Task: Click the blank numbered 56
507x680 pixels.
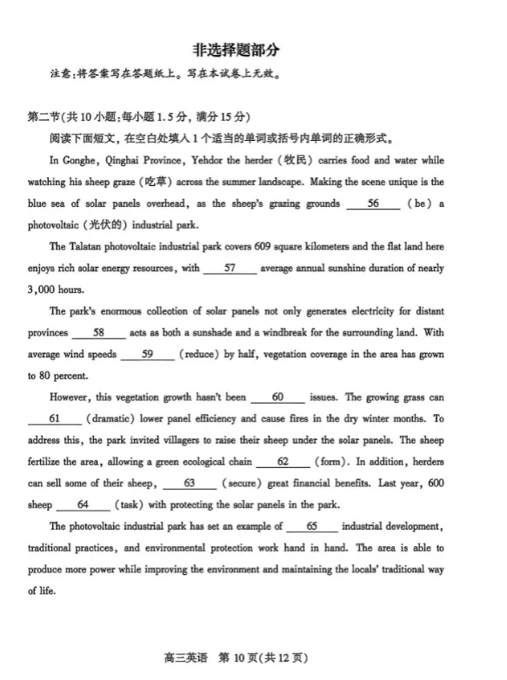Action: click(x=373, y=203)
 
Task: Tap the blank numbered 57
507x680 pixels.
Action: click(x=230, y=269)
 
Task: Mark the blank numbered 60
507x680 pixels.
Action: click(x=277, y=397)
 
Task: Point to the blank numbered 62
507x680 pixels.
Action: click(x=283, y=462)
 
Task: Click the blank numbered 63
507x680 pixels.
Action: click(x=189, y=483)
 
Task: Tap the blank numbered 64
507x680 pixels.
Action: click(x=83, y=504)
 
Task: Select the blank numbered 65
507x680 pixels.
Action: click(x=312, y=526)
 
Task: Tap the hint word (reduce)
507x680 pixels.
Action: click(x=203, y=354)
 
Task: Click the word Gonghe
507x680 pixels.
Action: click(x=81, y=161)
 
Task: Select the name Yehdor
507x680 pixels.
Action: click(x=218, y=161)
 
